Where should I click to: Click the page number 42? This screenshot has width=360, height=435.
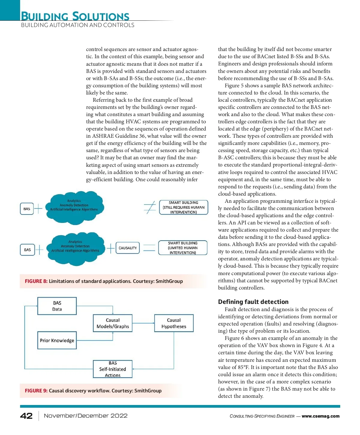[26, 416]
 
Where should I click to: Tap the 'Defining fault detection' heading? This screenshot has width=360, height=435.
[253, 302]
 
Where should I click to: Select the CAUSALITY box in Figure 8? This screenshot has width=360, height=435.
[127, 248]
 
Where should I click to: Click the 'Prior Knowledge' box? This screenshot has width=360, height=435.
[57, 340]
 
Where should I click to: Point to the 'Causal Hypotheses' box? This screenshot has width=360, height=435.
[174, 323]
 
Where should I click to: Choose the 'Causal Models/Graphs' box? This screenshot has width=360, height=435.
[113, 323]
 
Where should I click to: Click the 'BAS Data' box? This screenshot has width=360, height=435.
[57, 306]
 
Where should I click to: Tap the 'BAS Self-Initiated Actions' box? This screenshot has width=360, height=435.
[113, 369]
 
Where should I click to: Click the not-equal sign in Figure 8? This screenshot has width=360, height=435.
[150, 207]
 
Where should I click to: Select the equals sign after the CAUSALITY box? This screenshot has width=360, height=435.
[149, 248]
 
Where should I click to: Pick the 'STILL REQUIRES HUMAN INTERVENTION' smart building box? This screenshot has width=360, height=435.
[184, 207]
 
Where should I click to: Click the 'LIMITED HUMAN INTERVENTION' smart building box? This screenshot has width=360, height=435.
[183, 248]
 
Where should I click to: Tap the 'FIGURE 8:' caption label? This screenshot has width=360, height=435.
[36, 281]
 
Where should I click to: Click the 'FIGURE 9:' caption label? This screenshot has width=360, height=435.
[36, 391]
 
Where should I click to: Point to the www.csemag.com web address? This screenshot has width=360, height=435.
[320, 416]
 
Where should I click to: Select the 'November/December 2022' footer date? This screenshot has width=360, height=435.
[86, 416]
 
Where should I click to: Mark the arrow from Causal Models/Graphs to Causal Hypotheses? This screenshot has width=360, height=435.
[143, 323]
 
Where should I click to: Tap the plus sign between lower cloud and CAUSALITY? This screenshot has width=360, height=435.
[111, 248]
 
